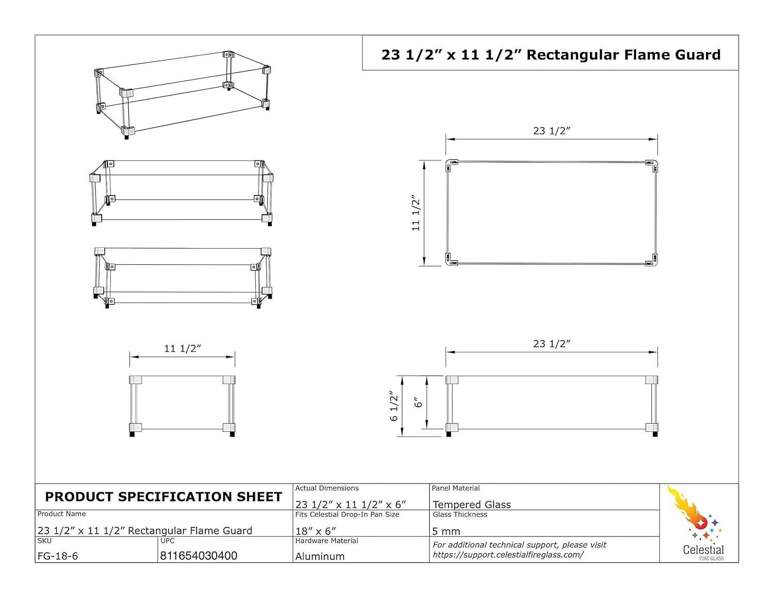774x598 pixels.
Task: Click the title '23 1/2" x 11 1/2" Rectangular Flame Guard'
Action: [x=551, y=55]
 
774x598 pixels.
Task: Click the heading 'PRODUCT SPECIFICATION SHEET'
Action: [x=164, y=497]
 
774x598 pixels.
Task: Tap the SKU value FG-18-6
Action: [x=58, y=556]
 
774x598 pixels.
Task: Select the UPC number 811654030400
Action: [x=199, y=556]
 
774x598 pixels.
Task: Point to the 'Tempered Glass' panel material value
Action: [x=472, y=505]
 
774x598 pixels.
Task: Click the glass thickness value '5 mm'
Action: [x=446, y=531]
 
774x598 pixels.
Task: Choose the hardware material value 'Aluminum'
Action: [x=320, y=557]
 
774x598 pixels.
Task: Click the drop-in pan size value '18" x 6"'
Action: [x=316, y=531]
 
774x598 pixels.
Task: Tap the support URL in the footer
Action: [x=508, y=555]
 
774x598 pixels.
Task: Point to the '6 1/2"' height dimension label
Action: [x=395, y=406]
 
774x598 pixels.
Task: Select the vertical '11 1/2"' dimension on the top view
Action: [x=416, y=213]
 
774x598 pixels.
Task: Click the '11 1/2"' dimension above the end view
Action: [x=182, y=349]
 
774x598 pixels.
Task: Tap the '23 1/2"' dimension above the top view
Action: [x=552, y=131]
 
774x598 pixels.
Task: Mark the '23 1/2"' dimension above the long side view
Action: [x=552, y=344]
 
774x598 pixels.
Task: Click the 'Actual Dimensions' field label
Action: [x=327, y=488]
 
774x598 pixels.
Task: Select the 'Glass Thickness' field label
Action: [x=460, y=514]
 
